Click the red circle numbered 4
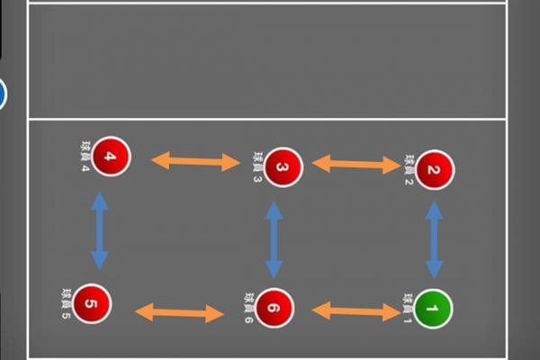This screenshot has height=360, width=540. pos(111,157)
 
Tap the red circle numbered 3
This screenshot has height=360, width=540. pos(283,167)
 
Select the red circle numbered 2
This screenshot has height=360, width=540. pos(435,170)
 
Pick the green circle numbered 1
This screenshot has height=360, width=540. pos(433,309)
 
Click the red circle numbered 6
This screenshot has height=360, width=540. pos(274,308)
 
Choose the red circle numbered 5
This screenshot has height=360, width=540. pos(92,303)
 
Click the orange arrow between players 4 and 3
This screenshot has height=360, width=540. pos(195,161)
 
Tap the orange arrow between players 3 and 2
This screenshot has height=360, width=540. pos(356,165)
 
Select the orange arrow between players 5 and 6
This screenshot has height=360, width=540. pos(179,313)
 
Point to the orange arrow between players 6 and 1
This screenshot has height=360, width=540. pos(356,311)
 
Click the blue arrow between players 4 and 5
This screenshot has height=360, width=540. pos(100,230)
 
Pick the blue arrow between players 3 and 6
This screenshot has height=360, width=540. pos(274,240)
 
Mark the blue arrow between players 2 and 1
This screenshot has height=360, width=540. pos(435,240)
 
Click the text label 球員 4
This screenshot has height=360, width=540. pos(85,156)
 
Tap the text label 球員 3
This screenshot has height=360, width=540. pos(257,167)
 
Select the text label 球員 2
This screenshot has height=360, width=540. pos(409,170)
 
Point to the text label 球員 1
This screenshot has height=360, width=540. pos(408,309)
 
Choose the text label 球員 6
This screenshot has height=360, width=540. pos(249,308)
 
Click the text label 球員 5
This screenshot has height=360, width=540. pos(66,303)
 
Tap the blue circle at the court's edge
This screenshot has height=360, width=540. pos(2,94)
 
